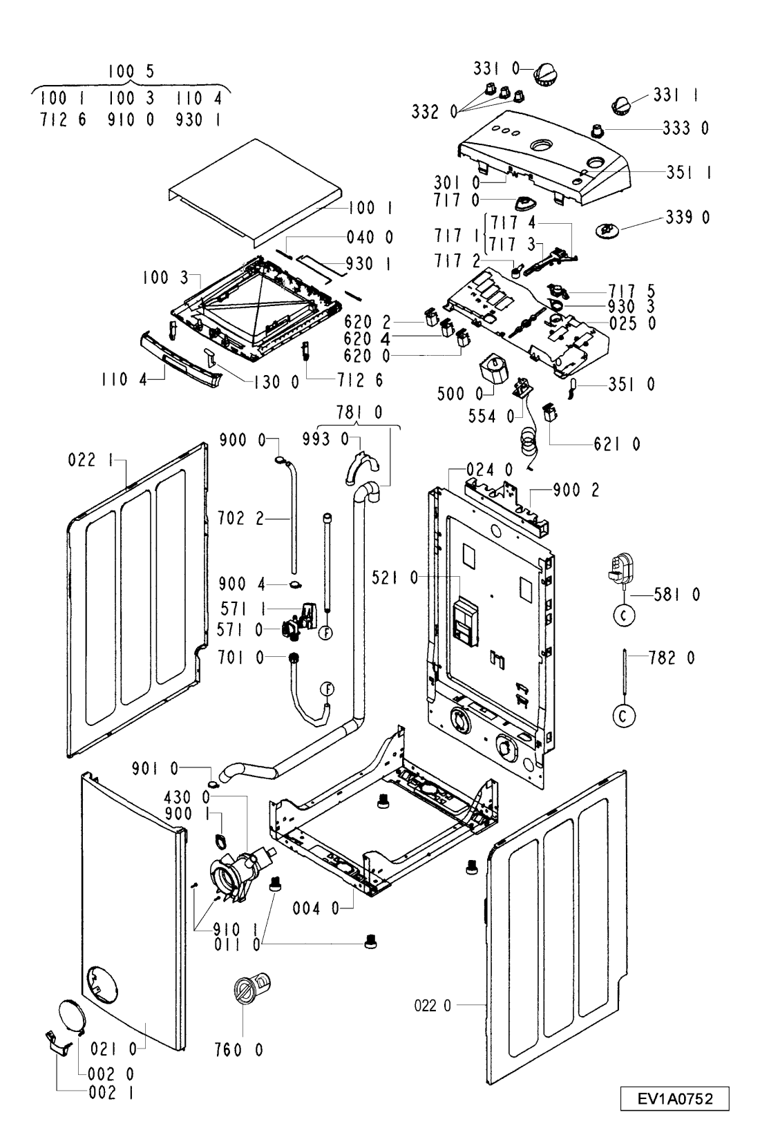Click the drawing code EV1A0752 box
coord(674,1099)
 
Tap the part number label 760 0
coord(238,1050)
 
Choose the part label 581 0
coord(676,594)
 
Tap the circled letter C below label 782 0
coord(623,716)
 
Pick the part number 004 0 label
coord(316,908)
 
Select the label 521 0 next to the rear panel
coord(395,577)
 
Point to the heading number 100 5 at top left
coord(131,71)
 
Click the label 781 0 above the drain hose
coord(359,412)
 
